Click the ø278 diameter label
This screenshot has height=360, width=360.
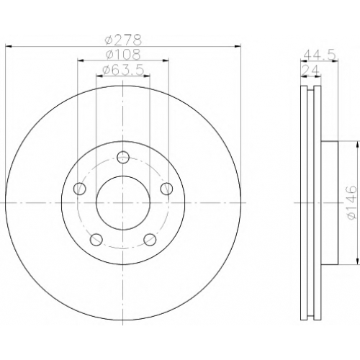pyautogui.click(x=123, y=40)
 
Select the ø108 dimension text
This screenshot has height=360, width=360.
pyautogui.click(x=123, y=55)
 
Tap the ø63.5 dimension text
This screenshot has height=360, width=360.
pyautogui.click(x=123, y=70)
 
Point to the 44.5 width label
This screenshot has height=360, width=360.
pyautogui.click(x=319, y=55)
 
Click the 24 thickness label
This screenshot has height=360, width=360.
pyautogui.click(x=311, y=71)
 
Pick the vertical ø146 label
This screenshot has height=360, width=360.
pyautogui.click(x=351, y=203)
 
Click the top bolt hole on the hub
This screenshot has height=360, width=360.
pyautogui.click(x=123, y=158)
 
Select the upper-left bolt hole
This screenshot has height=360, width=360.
pyautogui.click(x=80, y=189)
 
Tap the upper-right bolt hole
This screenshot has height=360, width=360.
pyautogui.click(x=166, y=189)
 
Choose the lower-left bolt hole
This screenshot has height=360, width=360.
pyautogui.click(x=96, y=240)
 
